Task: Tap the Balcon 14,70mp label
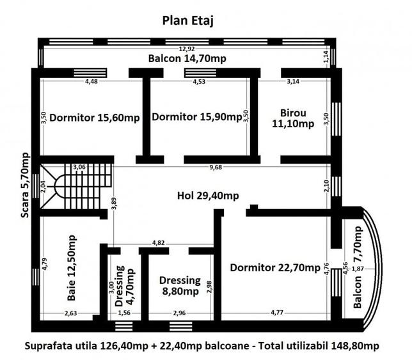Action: coord(188,59)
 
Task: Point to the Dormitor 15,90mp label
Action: coord(196,117)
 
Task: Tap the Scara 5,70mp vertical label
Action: coord(25,185)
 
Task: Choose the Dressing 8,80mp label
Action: coord(179,286)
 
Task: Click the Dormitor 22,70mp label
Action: coord(275,267)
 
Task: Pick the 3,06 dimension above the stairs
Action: coord(80,168)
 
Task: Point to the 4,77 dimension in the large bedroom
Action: coord(276,313)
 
